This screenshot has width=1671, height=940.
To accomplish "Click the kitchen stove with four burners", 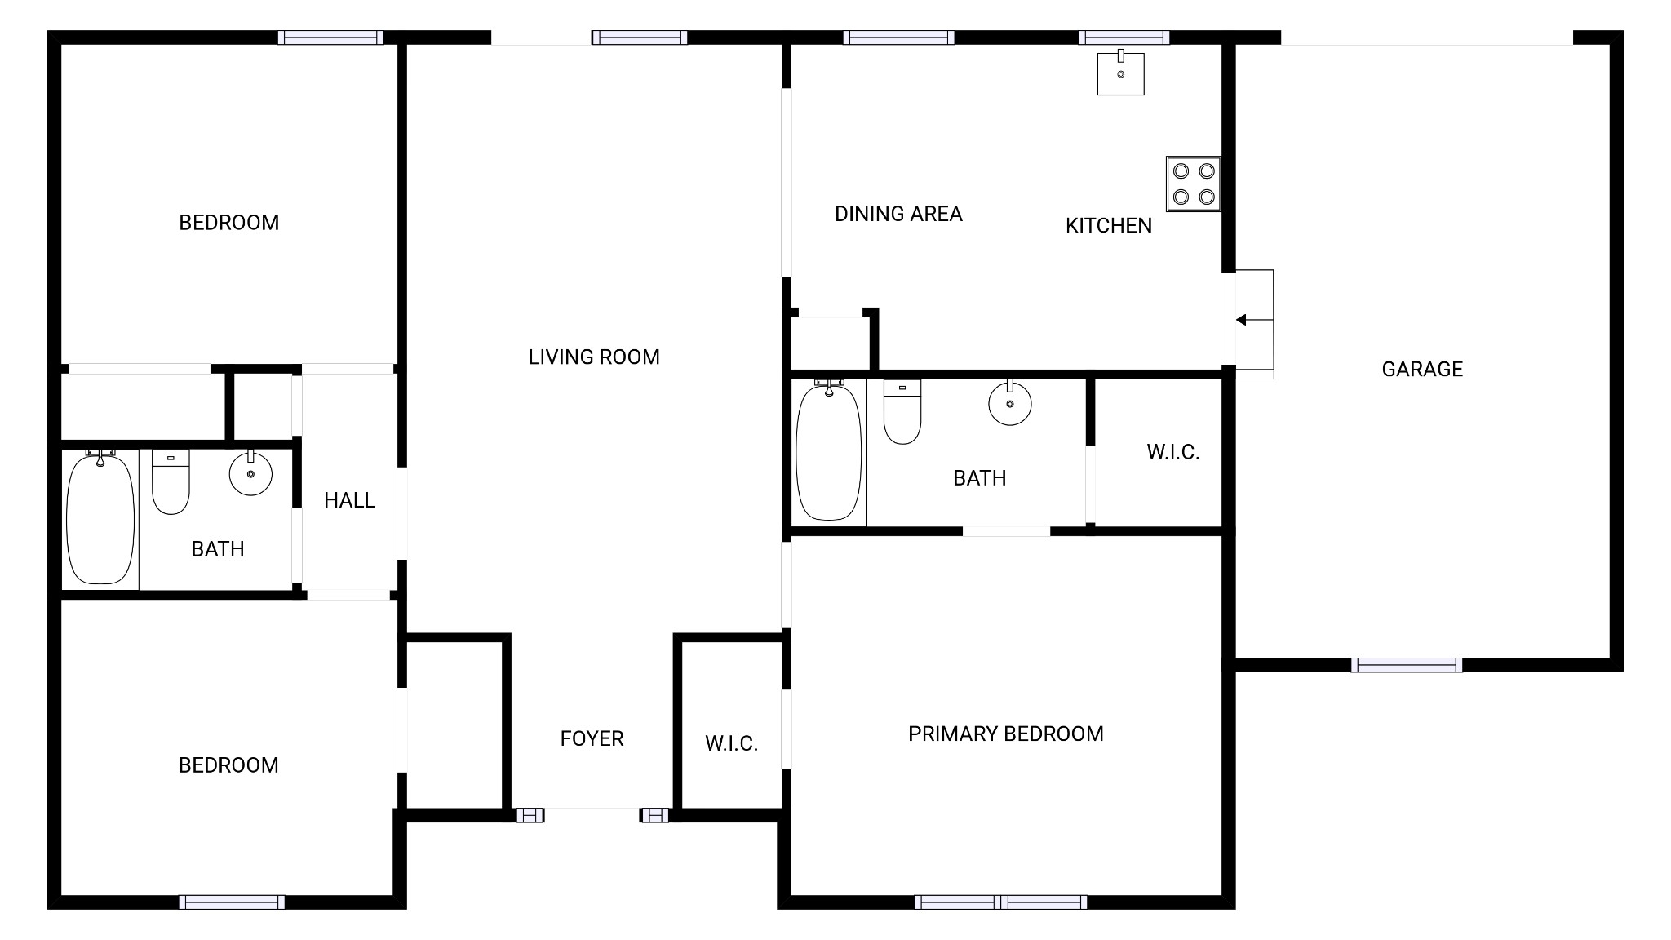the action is [x=1193, y=184].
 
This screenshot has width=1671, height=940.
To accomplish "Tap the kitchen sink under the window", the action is [x=1120, y=73].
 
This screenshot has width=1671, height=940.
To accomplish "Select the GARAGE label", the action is [x=1422, y=370].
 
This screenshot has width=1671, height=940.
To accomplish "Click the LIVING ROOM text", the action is [x=594, y=357].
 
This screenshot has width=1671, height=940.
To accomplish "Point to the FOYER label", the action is [x=592, y=738].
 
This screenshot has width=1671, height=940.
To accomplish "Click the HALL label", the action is [x=349, y=500].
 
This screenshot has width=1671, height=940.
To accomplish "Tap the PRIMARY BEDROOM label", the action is [x=1006, y=734].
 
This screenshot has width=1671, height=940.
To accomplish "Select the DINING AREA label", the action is [x=898, y=214].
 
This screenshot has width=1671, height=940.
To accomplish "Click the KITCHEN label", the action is [x=1109, y=225].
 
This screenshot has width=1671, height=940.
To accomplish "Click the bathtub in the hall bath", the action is [x=100, y=517].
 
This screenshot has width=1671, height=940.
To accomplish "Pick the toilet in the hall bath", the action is [x=171, y=481].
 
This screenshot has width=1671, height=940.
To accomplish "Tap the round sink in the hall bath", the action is [x=250, y=473].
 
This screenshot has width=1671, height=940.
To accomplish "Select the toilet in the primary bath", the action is [x=902, y=411].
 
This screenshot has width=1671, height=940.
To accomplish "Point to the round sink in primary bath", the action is [x=1010, y=403].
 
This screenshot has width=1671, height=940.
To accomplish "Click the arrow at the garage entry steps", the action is [x=1254, y=320].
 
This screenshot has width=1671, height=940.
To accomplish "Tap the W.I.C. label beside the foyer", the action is [x=731, y=743].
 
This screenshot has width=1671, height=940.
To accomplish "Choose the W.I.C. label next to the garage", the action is [x=1172, y=452].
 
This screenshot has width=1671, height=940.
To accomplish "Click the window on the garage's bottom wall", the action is [x=1407, y=665].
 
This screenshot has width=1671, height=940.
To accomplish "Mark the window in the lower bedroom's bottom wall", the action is [x=232, y=902].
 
